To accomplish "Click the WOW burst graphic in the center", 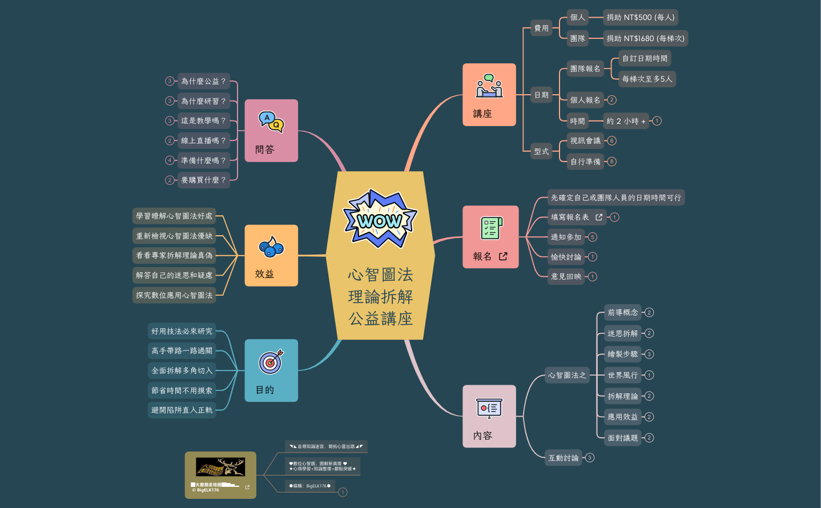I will tap(380, 219).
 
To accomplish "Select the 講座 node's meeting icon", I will tap(489, 86).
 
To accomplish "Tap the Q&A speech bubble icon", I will tap(271, 121).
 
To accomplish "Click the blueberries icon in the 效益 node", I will tap(271, 247).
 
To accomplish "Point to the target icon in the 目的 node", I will tap(271, 361).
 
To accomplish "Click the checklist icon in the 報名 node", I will tap(491, 228).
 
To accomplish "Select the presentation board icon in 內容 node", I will tap(489, 409).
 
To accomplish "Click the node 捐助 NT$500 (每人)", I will tap(641, 18).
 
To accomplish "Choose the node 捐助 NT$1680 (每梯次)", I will tap(645, 39).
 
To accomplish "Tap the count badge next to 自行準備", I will tap(612, 162).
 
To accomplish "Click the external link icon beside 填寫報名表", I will tap(599, 217).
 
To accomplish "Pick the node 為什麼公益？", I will tap(204, 82).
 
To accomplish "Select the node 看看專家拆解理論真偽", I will tap(174, 255).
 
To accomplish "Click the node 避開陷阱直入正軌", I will tap(182, 410).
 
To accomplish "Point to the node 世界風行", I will tap(623, 375).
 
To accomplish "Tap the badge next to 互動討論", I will tap(590, 458).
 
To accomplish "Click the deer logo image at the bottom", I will tap(220, 467).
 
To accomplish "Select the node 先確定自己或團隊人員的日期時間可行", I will tap(616, 197).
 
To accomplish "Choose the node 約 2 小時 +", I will tap(626, 121).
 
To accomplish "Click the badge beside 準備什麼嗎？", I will tap(170, 160).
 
